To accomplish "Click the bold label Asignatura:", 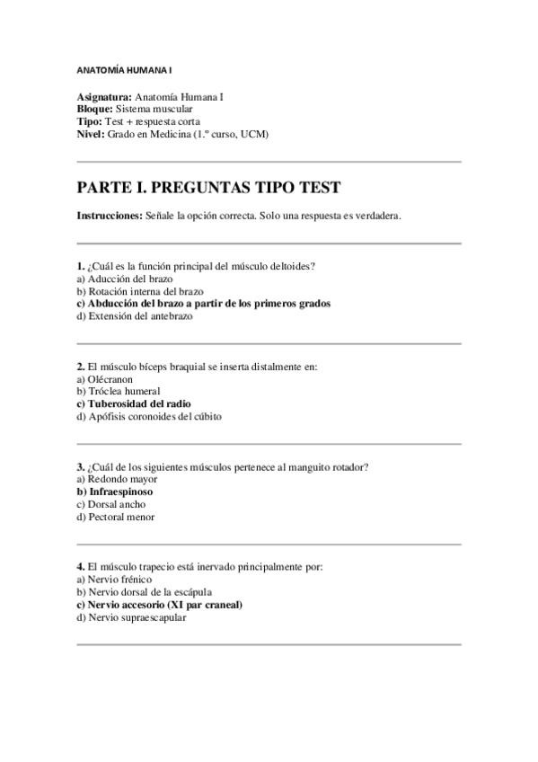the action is [x=104, y=96].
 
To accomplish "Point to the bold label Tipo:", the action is [x=91, y=121].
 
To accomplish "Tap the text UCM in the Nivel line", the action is [x=254, y=134].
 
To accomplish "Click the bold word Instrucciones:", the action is [x=110, y=216].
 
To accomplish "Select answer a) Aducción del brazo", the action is [x=125, y=279].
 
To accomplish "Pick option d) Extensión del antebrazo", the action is [x=135, y=316].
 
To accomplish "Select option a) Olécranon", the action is [x=105, y=379].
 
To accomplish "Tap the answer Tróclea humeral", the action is [x=119, y=392].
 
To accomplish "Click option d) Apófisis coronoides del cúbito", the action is [x=149, y=417].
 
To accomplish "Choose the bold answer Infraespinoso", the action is [x=115, y=492].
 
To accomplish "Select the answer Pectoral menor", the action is [x=116, y=517].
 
